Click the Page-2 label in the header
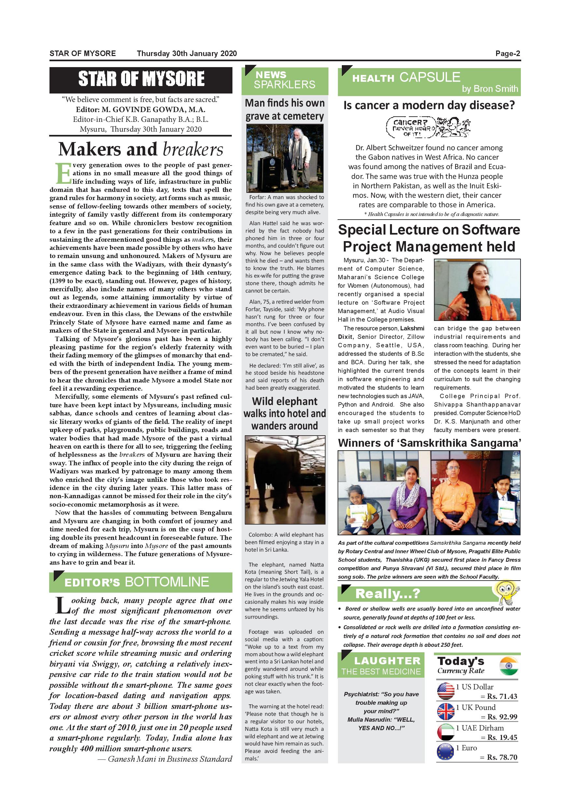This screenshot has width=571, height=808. click(x=508, y=53)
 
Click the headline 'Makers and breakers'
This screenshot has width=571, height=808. click(x=141, y=149)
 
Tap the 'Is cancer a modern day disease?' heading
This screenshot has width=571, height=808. click(x=429, y=105)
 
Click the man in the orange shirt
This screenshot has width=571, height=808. click(x=456, y=498)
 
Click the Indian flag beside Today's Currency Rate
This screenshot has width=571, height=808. click(x=509, y=666)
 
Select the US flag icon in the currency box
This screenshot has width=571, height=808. click(x=445, y=691)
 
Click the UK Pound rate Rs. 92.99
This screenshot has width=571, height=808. click(x=502, y=716)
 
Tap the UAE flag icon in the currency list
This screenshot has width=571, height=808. click(x=445, y=732)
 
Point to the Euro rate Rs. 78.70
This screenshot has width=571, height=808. click(x=502, y=757)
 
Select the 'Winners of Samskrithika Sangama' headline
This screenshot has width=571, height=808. click(x=429, y=443)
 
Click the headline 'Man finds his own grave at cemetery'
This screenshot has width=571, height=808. click(x=285, y=109)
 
